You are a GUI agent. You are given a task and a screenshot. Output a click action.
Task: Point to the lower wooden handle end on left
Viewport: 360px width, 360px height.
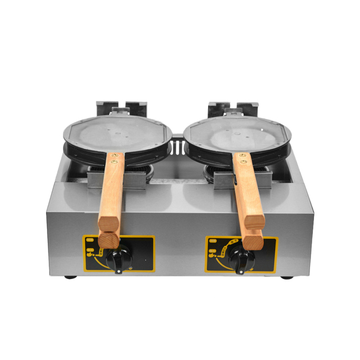[x=109, y=239]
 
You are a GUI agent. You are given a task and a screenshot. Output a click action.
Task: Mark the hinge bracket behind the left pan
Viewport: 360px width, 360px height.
[x=121, y=108]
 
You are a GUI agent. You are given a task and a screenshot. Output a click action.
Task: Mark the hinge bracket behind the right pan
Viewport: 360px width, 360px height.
[x=233, y=108]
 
